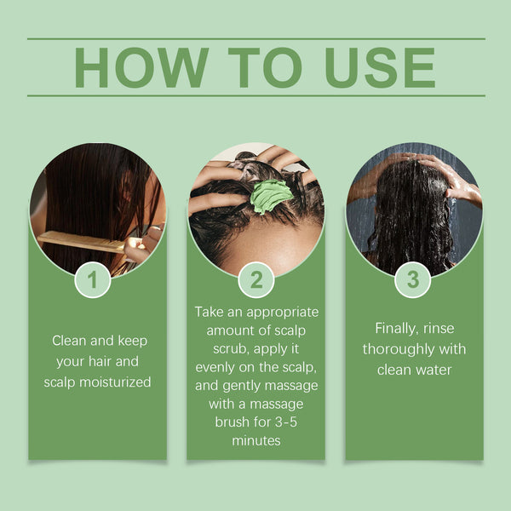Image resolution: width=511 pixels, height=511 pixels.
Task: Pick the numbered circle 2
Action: (x=255, y=279)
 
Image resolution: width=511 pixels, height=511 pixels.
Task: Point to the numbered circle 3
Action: (x=413, y=279)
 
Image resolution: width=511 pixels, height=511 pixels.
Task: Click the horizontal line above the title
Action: (x=255, y=38)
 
